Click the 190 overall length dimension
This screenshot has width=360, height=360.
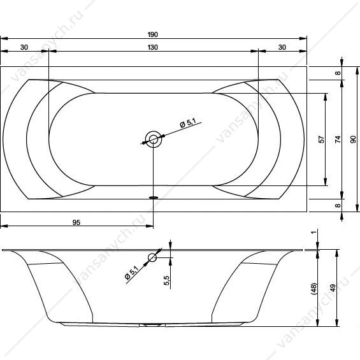coord(153,34)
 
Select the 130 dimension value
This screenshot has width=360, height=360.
coord(153,47)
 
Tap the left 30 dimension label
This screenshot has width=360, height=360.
coord(24,47)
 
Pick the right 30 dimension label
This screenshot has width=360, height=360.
coord(282,47)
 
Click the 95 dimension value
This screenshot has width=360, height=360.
coord(76,222)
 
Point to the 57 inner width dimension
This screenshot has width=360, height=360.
coord(321,140)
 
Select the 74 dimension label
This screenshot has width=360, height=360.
coord(338,140)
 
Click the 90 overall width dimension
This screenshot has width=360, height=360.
coord(353,140)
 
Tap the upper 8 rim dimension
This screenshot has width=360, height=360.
coord(338,73)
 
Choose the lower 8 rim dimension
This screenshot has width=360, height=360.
coord(338,205)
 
